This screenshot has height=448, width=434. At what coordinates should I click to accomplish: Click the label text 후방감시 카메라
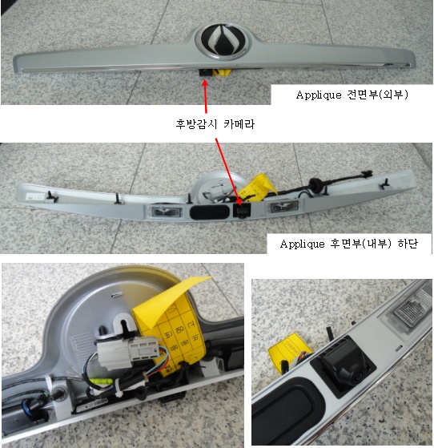(215, 124)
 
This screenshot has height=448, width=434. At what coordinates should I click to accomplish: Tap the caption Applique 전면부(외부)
(352, 95)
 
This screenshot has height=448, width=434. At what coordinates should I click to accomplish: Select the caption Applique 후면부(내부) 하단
(349, 244)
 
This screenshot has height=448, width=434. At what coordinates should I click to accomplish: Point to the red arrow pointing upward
(205, 95)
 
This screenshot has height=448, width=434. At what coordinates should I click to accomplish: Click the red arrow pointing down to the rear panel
(227, 172)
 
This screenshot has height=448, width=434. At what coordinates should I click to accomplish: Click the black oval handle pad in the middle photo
(209, 212)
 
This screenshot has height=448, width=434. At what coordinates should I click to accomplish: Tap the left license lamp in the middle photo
(167, 212)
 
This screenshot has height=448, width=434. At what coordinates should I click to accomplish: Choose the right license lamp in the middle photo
(283, 207)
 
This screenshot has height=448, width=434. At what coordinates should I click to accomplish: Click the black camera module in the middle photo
(242, 211)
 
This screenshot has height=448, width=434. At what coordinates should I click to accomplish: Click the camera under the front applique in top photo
(206, 72)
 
